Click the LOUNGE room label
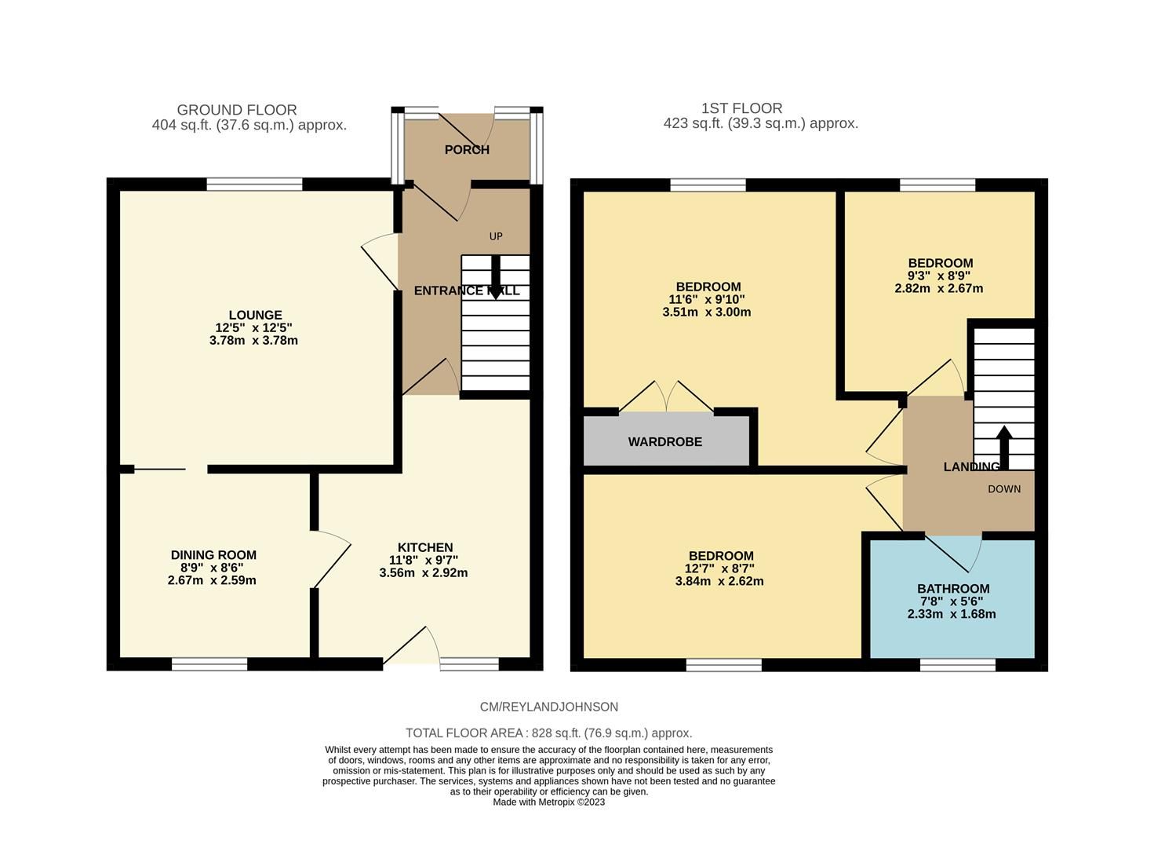[255, 316]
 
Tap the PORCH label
[467, 150]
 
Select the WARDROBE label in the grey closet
[664, 442]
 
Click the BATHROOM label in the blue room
[953, 589]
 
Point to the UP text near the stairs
[496, 236]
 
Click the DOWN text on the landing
[1004, 489]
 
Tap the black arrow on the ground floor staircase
[496, 279]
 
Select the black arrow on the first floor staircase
[1004, 444]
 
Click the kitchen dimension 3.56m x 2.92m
[424, 573]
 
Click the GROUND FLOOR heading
[237, 110]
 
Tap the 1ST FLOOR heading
[742, 108]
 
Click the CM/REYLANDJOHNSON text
[549, 707]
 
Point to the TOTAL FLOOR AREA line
[549, 733]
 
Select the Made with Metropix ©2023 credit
[549, 802]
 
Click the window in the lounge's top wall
[254, 185]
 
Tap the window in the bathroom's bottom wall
[958, 665]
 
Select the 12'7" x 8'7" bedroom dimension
[719, 568]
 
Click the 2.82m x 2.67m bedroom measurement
[939, 288]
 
